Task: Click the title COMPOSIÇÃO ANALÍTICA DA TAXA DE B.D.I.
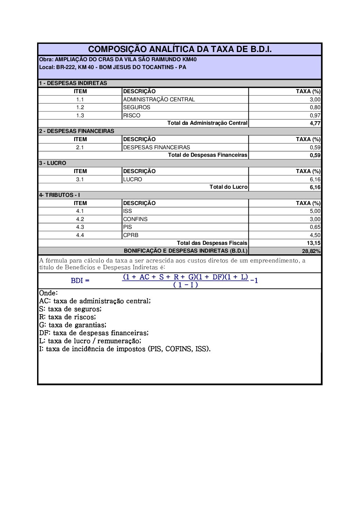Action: click(180, 49)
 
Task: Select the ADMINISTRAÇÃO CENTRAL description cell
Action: click(159, 99)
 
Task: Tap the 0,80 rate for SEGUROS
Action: click(315, 107)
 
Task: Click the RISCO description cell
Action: click(132, 115)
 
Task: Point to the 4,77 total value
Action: click(315, 123)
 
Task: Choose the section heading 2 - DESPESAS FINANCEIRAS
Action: click(77, 131)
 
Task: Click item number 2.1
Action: click(80, 147)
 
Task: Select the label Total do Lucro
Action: click(228, 187)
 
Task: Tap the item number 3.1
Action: click(80, 179)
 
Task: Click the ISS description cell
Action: click(128, 211)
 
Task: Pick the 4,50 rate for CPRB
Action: click(315, 235)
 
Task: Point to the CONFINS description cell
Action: click(135, 219)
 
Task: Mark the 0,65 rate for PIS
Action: click(315, 227)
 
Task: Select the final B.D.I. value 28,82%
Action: click(311, 251)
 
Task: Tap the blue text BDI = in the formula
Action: click(80, 281)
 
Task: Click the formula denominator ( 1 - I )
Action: click(185, 285)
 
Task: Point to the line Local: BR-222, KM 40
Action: click(113, 67)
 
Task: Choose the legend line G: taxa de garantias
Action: click(73, 325)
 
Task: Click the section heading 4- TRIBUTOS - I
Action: click(60, 195)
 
